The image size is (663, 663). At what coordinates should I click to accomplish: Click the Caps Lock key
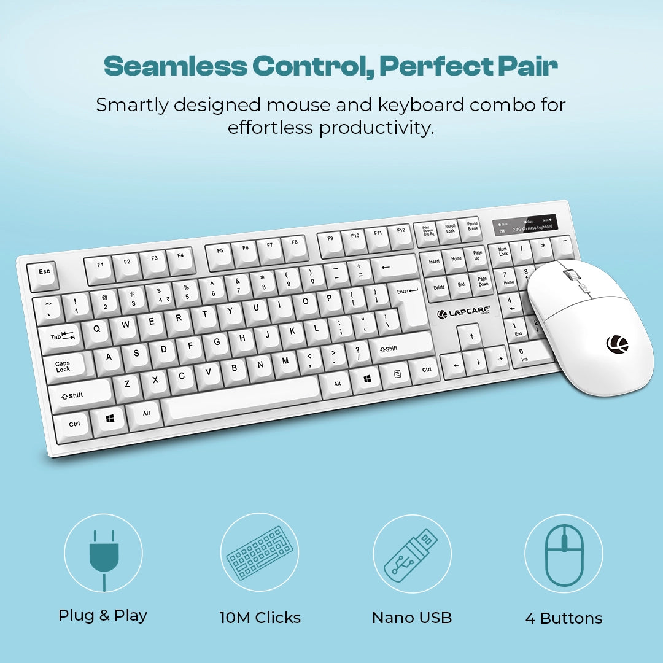click(63, 366)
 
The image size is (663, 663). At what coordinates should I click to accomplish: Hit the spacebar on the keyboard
click(241, 398)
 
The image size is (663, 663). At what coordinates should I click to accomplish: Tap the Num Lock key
click(503, 252)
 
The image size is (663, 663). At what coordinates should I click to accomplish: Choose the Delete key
click(439, 287)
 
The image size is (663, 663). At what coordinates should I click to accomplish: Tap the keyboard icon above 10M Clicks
click(258, 554)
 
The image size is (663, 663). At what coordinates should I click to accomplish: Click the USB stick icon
click(412, 554)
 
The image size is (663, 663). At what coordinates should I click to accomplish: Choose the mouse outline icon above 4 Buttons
click(564, 554)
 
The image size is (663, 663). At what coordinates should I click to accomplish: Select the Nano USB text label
click(412, 618)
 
